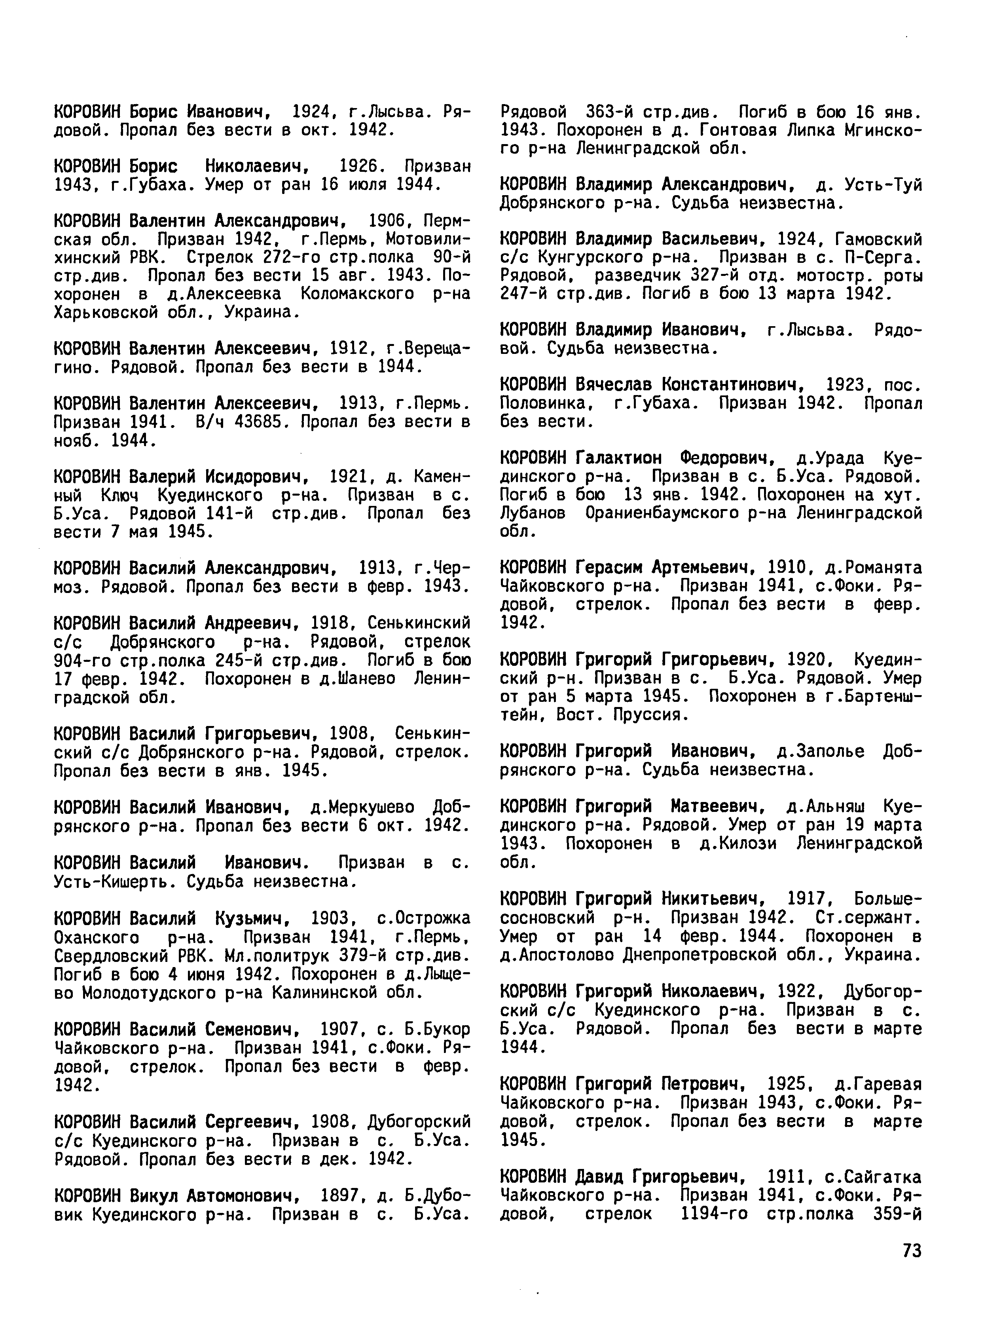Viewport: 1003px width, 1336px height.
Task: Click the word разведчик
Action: [x=642, y=276]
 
